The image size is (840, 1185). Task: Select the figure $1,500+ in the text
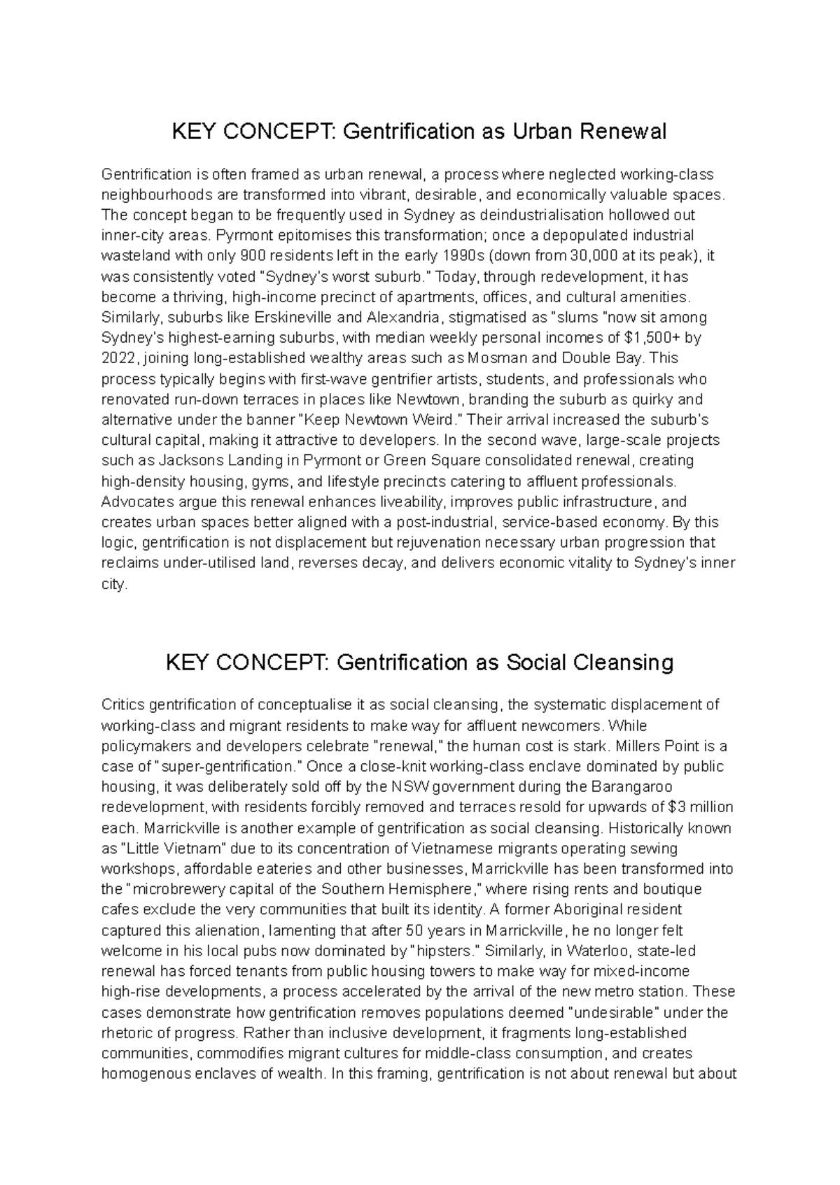pyautogui.click(x=652, y=338)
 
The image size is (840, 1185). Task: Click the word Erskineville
pyautogui.click(x=295, y=317)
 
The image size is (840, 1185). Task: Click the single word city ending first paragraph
pyautogui.click(x=114, y=584)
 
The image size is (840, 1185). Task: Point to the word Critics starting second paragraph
pyautogui.click(x=123, y=704)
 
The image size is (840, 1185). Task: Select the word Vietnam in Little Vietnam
pyautogui.click(x=197, y=848)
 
